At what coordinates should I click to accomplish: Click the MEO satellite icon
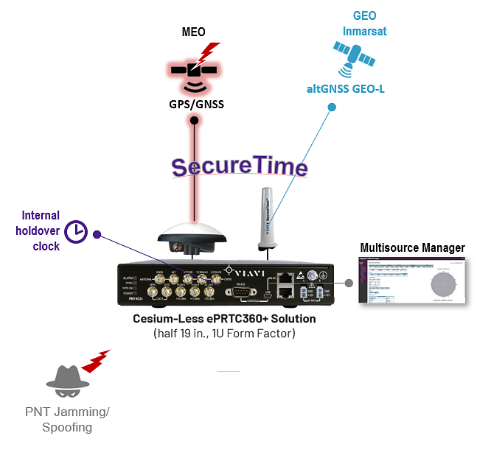pyautogui.click(x=193, y=71)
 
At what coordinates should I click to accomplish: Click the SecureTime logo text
pyautogui.click(x=240, y=166)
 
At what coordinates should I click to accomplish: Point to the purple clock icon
pyautogui.click(x=76, y=232)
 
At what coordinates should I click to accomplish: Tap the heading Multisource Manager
pyautogui.click(x=412, y=247)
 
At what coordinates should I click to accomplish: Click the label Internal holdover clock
pyautogui.click(x=41, y=230)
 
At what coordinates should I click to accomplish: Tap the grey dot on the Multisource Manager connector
pyautogui.click(x=349, y=283)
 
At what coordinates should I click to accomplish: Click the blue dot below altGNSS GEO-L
pyautogui.click(x=332, y=108)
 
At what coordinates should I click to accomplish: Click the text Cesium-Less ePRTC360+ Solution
pyautogui.click(x=224, y=319)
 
